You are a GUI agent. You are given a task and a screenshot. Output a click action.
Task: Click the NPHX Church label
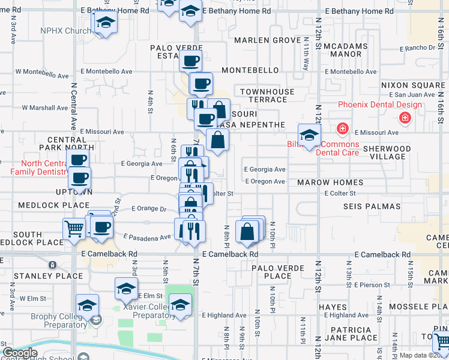click(65, 31)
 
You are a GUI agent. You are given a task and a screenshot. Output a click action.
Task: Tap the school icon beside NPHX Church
click(105, 23)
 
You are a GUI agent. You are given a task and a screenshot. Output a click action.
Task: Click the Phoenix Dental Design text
click(379, 105)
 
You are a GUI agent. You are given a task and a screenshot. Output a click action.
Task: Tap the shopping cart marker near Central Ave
click(74, 228)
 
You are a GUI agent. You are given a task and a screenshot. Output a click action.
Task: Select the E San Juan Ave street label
click(412, 95)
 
